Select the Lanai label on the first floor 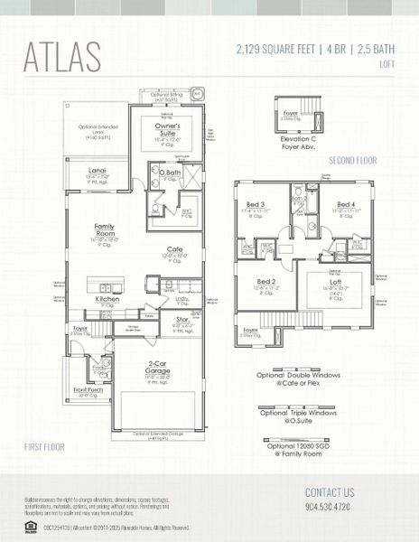(x=98, y=169)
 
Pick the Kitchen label (x=107, y=298)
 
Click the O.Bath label (x=171, y=173)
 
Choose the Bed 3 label (x=255, y=205)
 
